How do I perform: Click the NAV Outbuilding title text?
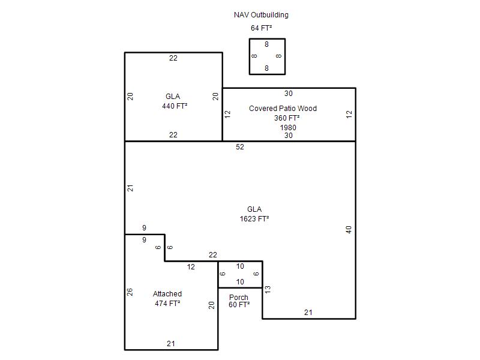[x=261, y=15]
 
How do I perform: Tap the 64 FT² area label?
[x=261, y=28]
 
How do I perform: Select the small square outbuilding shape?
[x=267, y=39]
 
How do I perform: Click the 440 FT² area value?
[x=175, y=106]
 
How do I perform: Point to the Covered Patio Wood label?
[x=283, y=109]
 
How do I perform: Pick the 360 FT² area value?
[x=287, y=118]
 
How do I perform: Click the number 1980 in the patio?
[x=288, y=127]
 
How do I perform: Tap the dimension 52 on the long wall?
[x=240, y=147]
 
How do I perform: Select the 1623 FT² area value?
[x=254, y=218]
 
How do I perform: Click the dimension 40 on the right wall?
[x=349, y=230]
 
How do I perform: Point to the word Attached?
[x=167, y=294]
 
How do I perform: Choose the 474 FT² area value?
[x=167, y=304]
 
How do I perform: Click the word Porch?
[x=239, y=297]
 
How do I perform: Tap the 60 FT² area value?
[x=239, y=305]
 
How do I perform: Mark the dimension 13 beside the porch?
[x=268, y=290]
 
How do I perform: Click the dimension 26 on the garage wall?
[x=130, y=292]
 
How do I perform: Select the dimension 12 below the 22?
[x=191, y=267]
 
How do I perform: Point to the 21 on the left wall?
[x=130, y=188]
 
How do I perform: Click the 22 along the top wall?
[x=173, y=58]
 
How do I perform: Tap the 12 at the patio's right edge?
[x=349, y=115]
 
